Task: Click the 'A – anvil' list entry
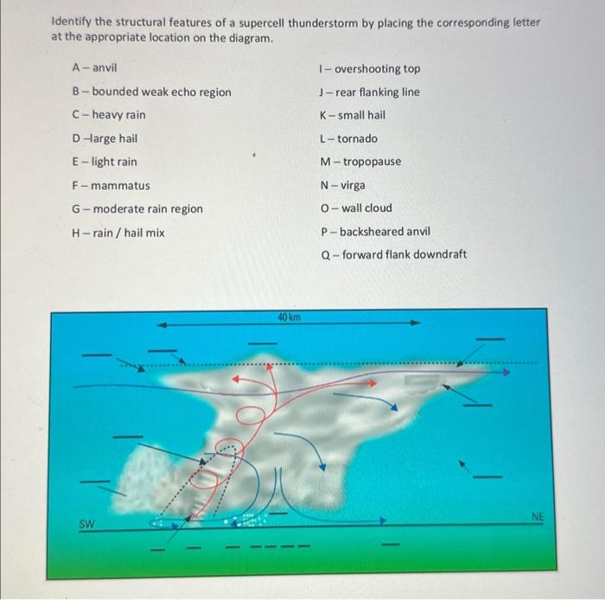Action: (95, 67)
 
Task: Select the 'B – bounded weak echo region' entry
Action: (151, 92)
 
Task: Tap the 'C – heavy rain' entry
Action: (109, 115)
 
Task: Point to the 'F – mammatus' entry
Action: (111, 185)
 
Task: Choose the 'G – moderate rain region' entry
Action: (137, 208)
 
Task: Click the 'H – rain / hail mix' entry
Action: (118, 232)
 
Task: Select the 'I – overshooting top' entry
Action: (369, 68)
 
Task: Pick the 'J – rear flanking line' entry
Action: (369, 92)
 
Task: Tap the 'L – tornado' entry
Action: (348, 138)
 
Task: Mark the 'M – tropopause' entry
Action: (360, 162)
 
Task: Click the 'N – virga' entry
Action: (342, 185)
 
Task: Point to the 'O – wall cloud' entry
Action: (355, 207)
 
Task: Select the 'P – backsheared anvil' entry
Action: (374, 232)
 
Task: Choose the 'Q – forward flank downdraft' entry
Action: (392, 254)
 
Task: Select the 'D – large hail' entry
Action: (105, 138)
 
